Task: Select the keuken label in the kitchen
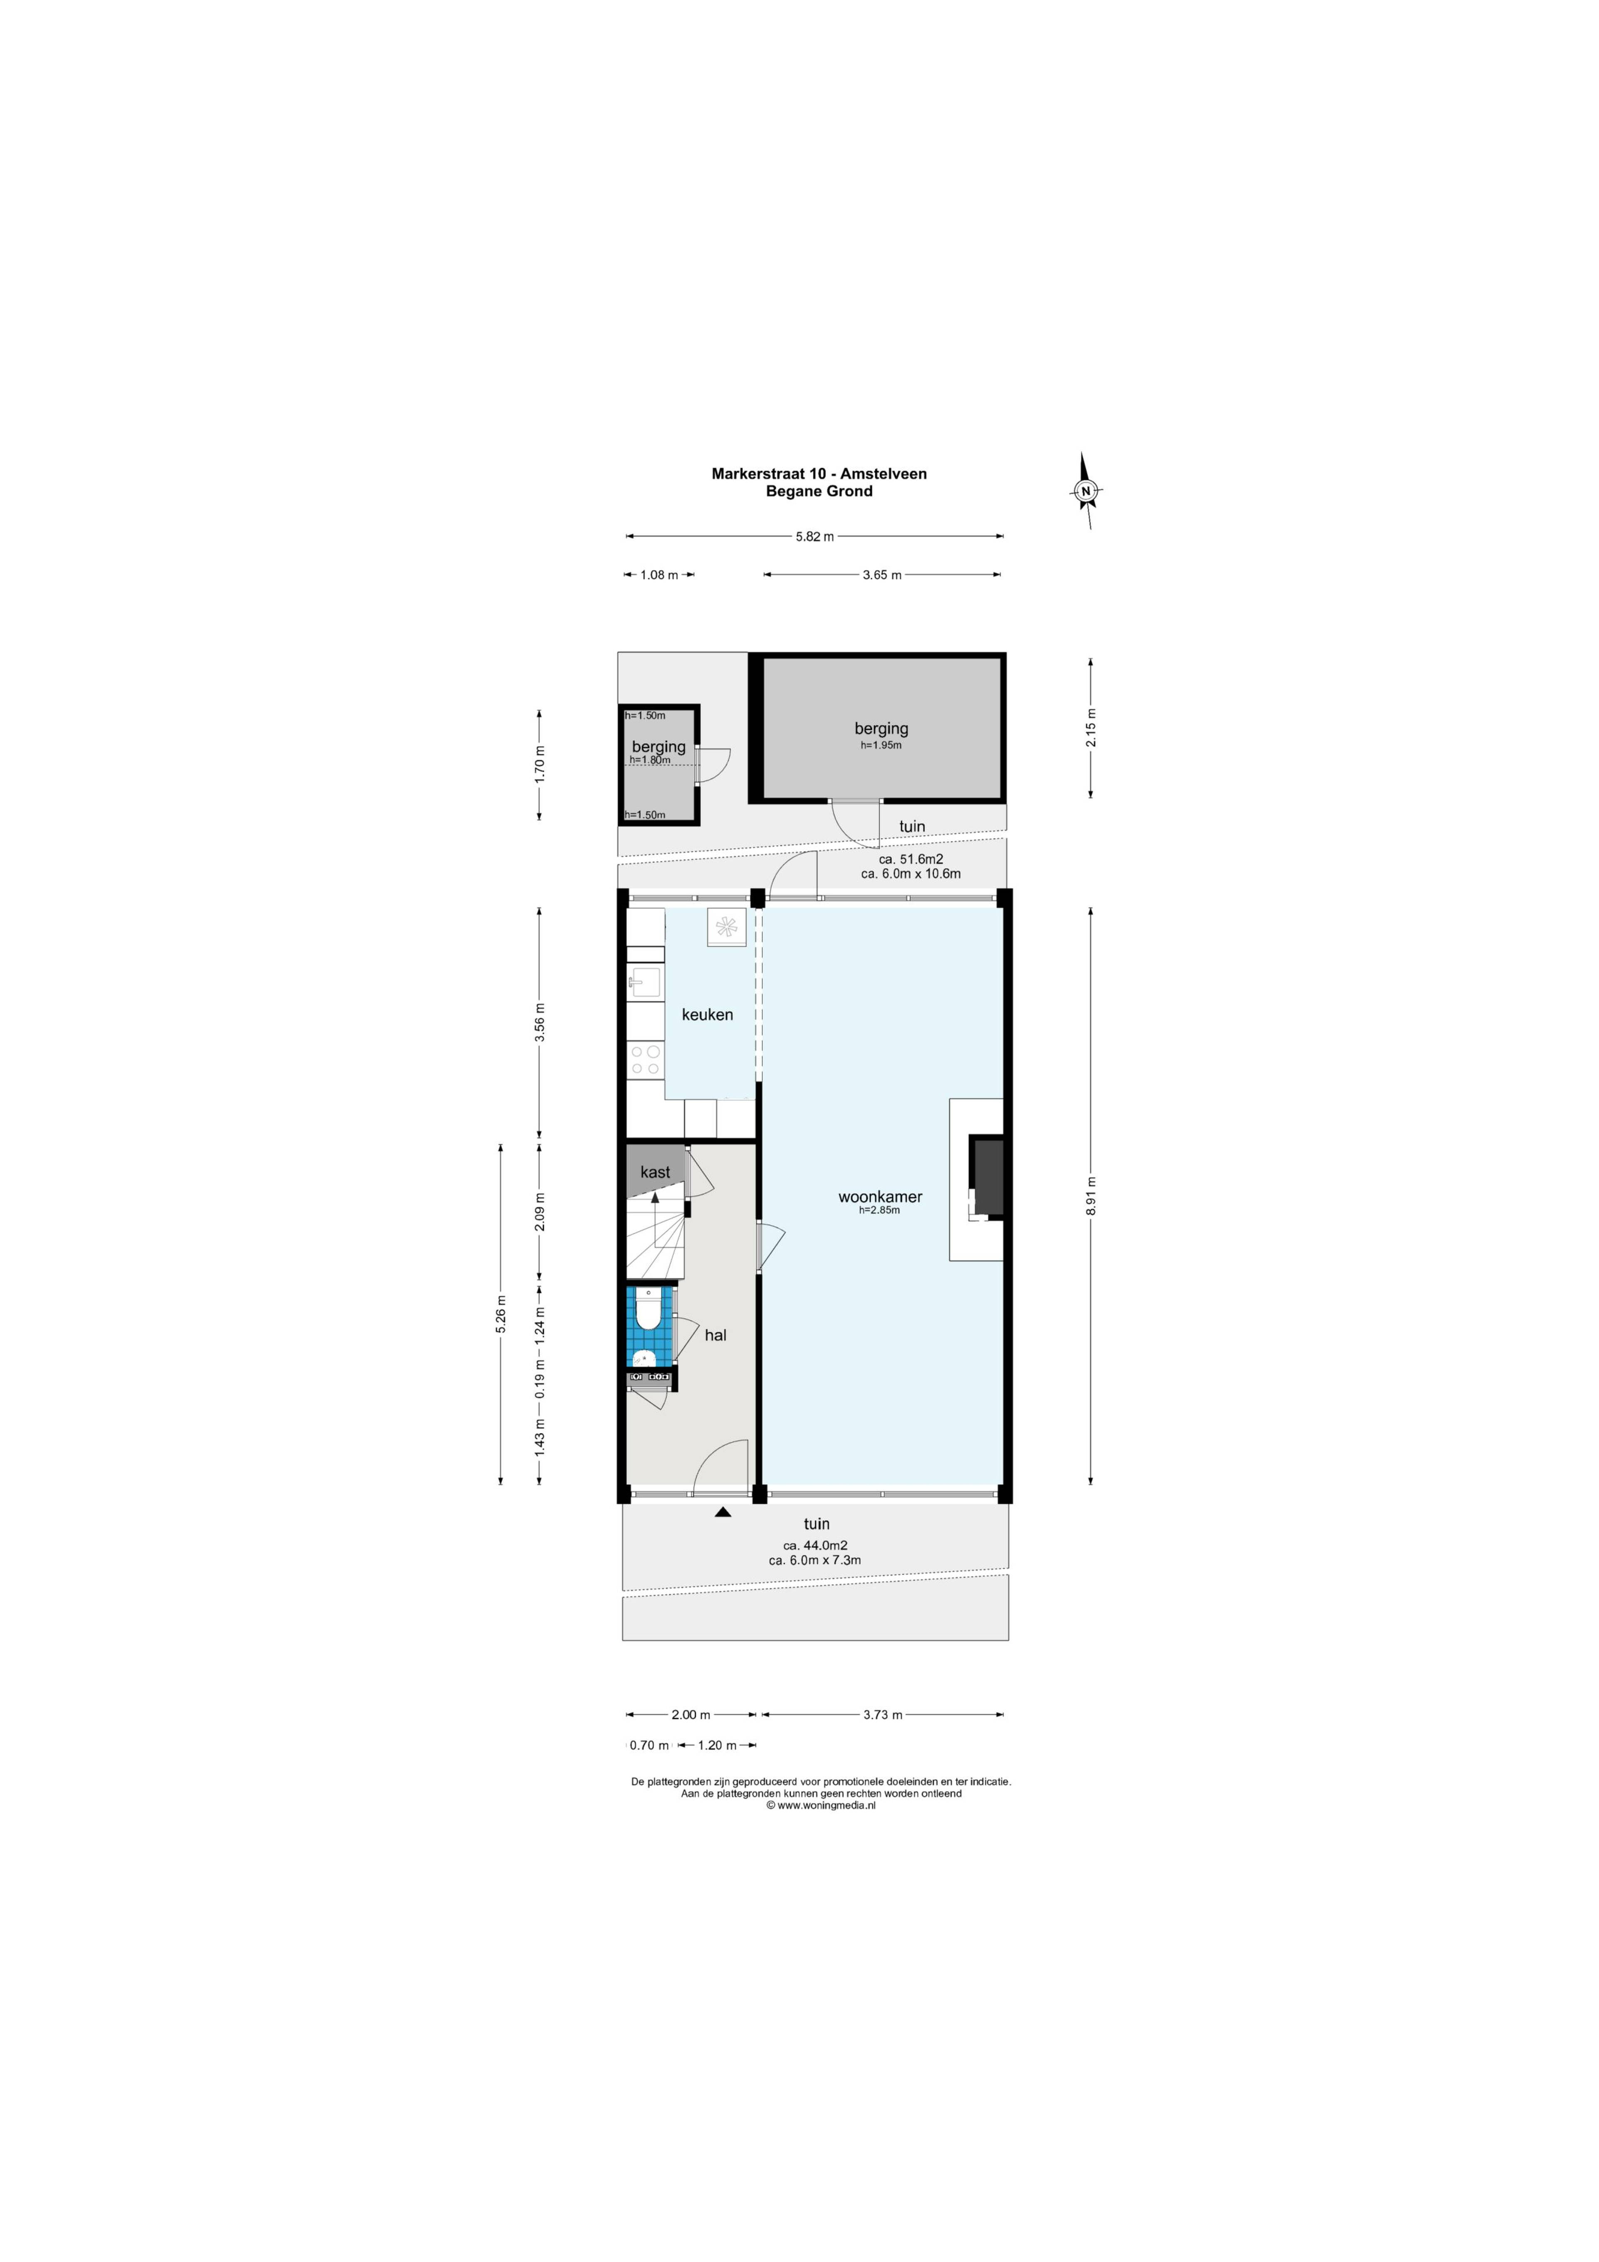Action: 707,1014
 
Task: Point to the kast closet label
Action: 655,1171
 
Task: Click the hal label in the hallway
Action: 715,1335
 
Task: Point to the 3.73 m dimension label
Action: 883,1714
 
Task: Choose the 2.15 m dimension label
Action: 1091,728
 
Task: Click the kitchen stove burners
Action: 645,1060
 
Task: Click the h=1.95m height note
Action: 881,746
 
